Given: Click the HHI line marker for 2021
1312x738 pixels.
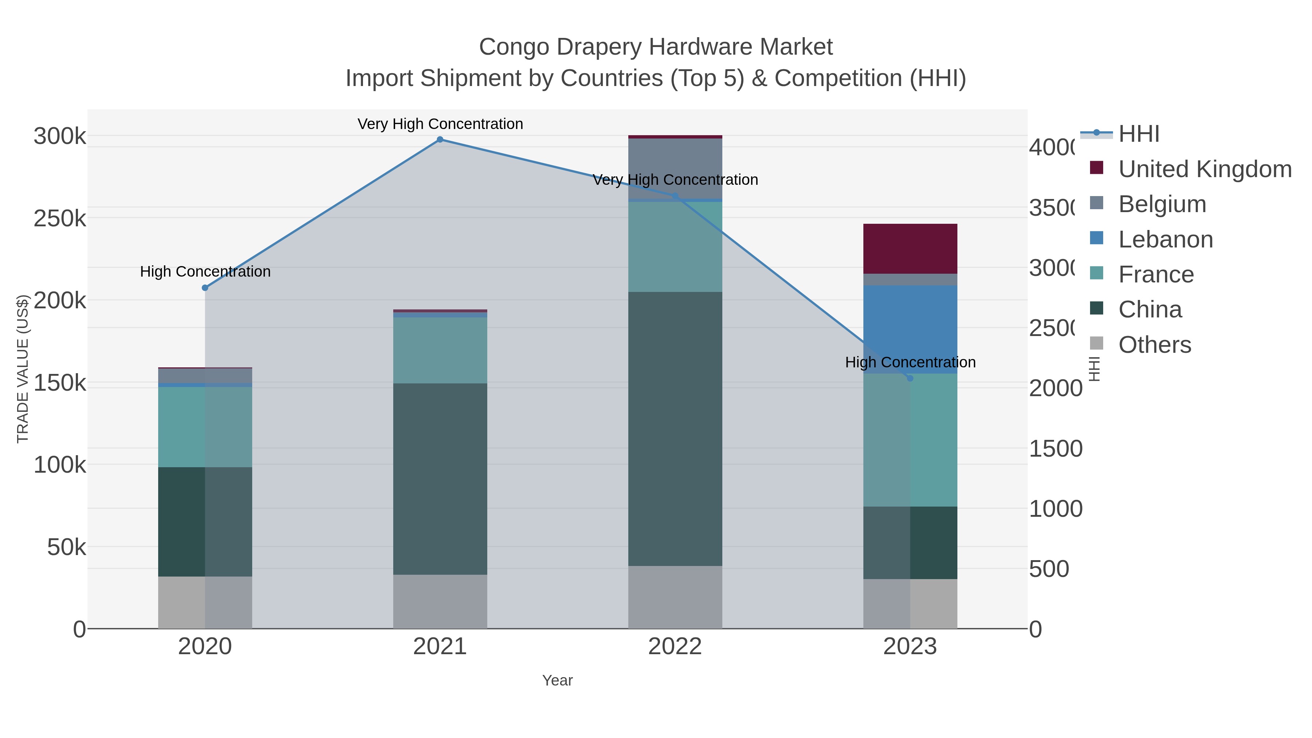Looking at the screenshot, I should (x=440, y=140).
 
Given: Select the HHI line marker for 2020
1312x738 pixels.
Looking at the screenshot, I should (x=205, y=288).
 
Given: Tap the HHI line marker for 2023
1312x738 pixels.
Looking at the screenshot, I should (x=910, y=378).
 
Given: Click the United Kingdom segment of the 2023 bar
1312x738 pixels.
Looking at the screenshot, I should (x=910, y=249).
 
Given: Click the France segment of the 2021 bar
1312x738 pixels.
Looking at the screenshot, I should (x=440, y=350).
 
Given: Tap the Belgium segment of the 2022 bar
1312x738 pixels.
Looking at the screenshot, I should (x=675, y=168).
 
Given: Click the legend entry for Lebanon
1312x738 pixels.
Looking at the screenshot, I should (x=1165, y=239).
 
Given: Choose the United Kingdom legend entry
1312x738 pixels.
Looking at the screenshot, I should (x=1204, y=169).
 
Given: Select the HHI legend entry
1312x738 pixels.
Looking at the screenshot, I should (x=1139, y=134).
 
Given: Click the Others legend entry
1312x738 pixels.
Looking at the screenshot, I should (x=1154, y=345).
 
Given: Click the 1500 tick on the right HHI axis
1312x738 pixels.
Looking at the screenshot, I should (x=1055, y=449).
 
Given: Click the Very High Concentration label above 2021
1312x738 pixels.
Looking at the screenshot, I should (x=440, y=124).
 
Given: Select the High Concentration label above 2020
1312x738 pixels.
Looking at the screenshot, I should (x=205, y=272).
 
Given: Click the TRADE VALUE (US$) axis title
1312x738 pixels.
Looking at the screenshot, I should (x=23, y=369).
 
